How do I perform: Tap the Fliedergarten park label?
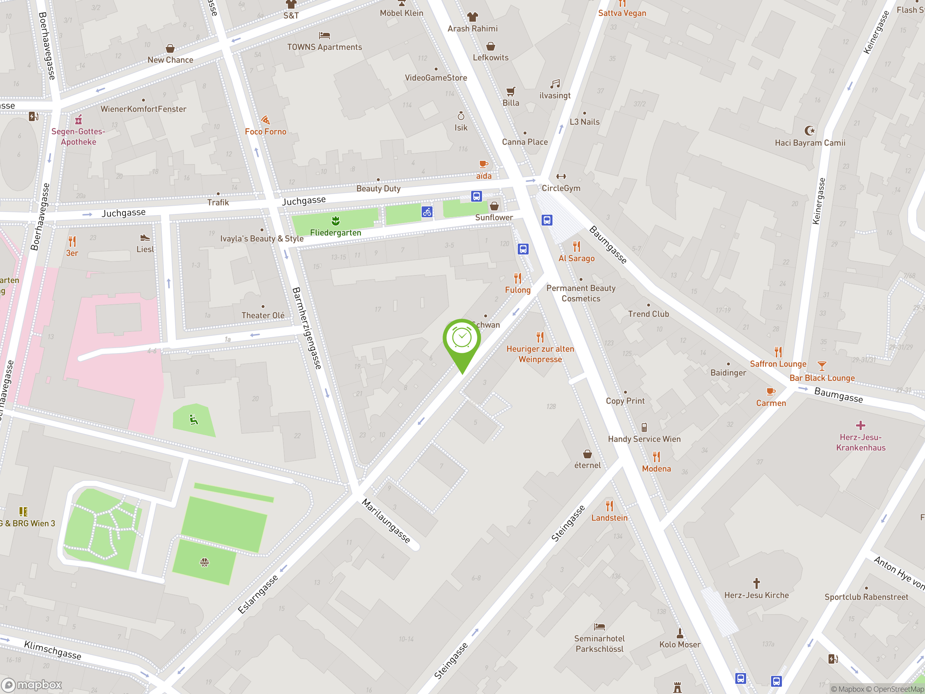pos(335,232)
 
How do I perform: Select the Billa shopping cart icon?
pos(511,91)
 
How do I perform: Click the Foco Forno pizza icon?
pos(266,120)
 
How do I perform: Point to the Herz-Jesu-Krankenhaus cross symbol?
pos(860,425)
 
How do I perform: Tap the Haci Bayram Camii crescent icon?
pos(810,130)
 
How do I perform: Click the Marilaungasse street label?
pos(386,521)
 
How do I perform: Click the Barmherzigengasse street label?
pos(306,328)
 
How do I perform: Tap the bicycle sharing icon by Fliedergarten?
pos(426,212)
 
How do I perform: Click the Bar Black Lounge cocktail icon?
pos(822,367)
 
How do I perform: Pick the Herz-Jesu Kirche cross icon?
pos(756,583)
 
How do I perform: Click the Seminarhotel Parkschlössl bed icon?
pos(599,627)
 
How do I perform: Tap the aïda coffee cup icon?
pos(483,164)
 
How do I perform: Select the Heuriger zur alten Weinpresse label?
pos(540,354)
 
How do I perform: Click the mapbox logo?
pos(32,685)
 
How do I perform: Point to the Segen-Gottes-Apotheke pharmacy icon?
pos(78,120)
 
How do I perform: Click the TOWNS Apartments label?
pos(324,47)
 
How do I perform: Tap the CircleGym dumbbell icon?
pos(561,176)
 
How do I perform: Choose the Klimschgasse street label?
pos(52,650)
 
